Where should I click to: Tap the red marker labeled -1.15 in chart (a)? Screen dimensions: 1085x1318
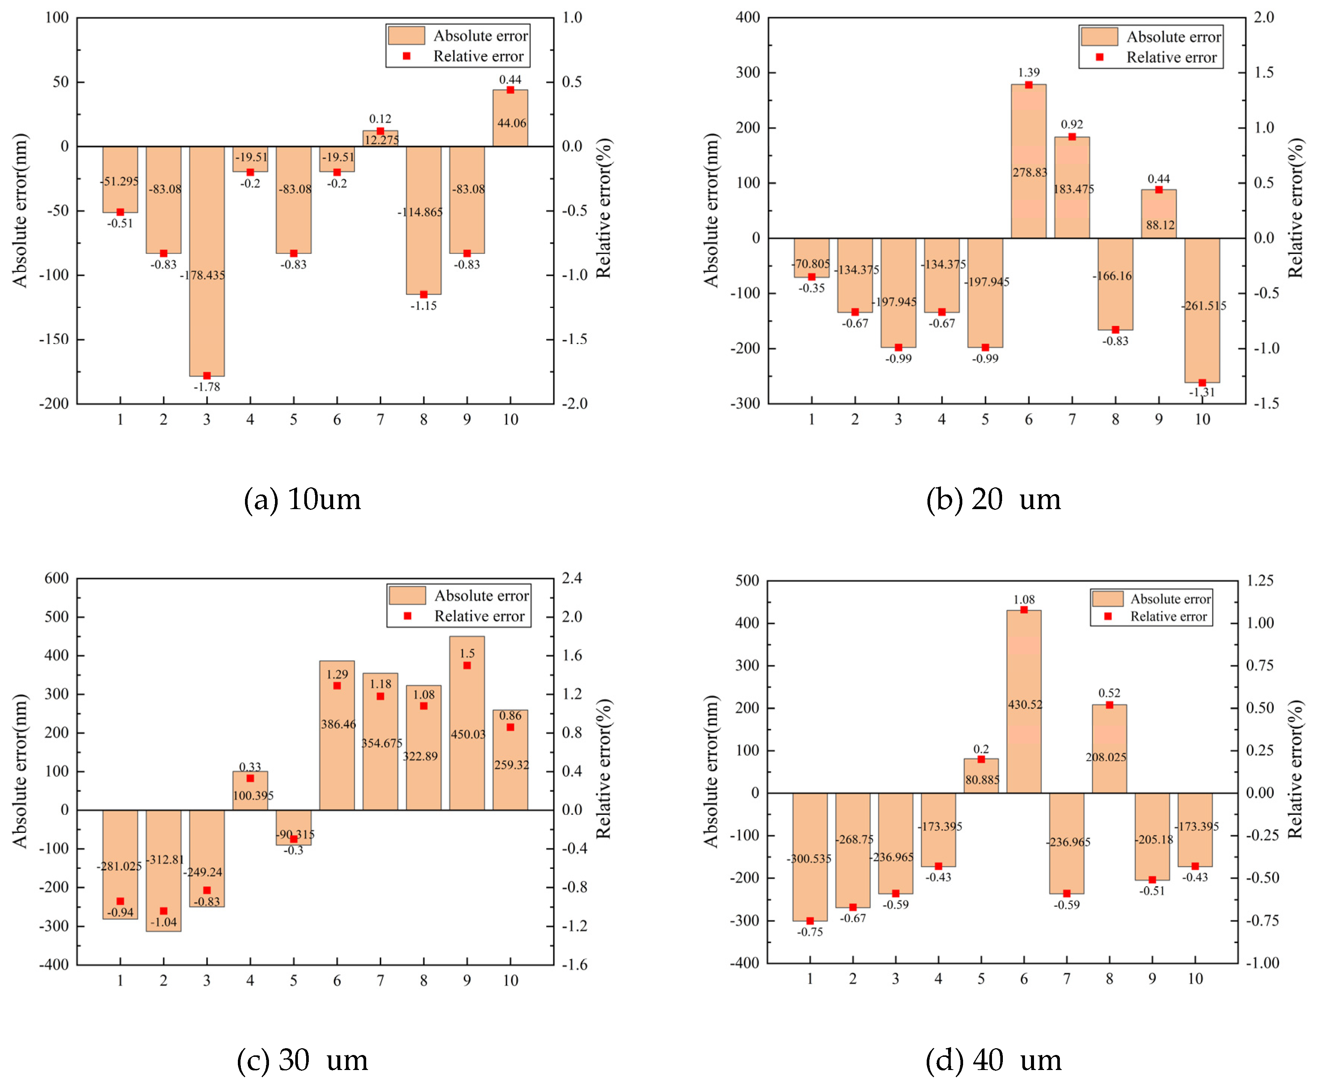click(424, 295)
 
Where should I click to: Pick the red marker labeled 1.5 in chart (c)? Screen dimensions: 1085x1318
click(467, 666)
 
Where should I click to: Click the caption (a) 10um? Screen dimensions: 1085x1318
click(302, 499)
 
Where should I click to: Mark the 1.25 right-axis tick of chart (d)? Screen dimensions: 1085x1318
click(1259, 581)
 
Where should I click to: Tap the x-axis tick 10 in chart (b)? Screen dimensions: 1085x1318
click(1202, 419)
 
